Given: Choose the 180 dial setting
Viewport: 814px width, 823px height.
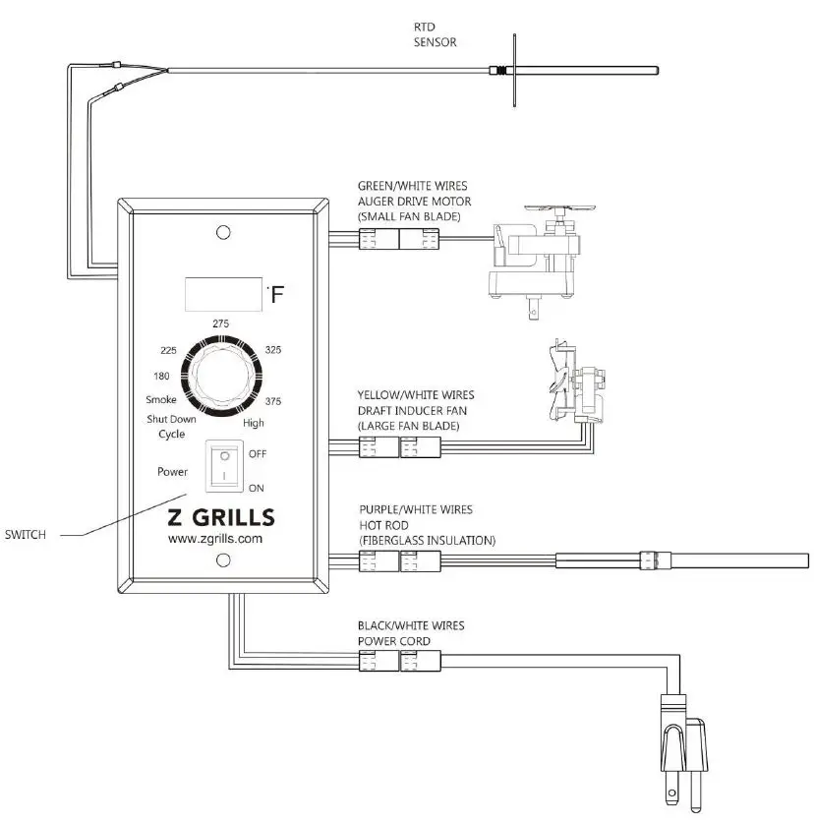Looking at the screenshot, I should coord(164,376).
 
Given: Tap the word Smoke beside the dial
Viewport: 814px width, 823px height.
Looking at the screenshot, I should coord(161,401).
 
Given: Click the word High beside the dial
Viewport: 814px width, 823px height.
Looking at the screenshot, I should coord(253,423).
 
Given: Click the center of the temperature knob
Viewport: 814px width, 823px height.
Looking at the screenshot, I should coord(224,375).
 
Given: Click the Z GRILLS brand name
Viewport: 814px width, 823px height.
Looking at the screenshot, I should coord(222,517).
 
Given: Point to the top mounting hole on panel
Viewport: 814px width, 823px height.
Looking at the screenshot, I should coord(223,233).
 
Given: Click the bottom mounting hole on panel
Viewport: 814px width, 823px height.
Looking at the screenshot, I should coord(223,560).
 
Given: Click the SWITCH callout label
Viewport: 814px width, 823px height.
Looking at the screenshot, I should coord(26,536).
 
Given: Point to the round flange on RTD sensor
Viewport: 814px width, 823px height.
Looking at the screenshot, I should coord(515,70).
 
